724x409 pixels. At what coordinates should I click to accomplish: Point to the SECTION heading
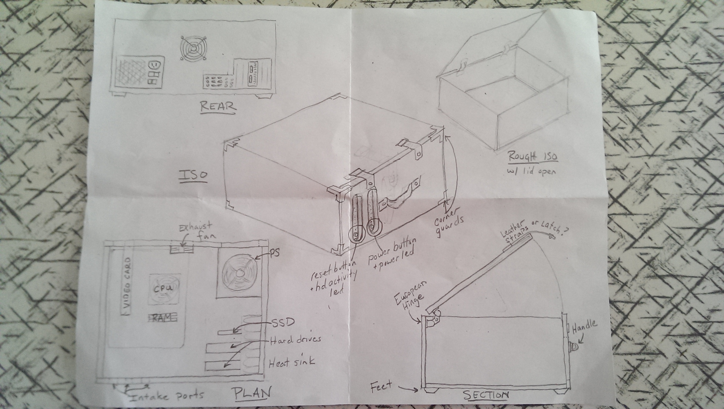[x=486, y=395]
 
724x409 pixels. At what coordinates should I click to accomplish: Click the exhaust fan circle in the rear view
[x=194, y=49]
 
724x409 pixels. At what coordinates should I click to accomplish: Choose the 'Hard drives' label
[x=295, y=340]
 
